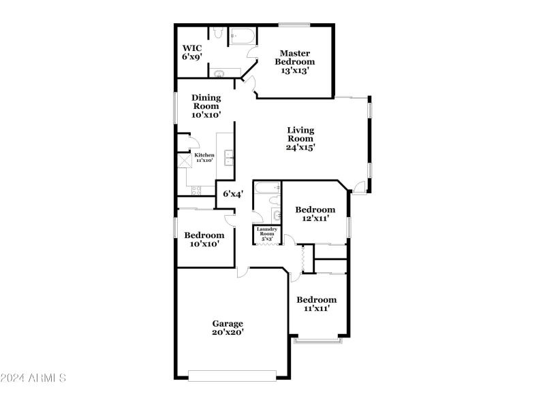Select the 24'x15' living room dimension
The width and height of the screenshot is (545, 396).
(x=300, y=146)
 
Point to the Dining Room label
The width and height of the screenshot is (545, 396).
(x=206, y=106)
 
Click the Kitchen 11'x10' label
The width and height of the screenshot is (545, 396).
(x=204, y=158)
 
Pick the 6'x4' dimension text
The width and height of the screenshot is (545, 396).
(x=234, y=194)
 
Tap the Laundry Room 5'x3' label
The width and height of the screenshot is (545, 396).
(x=266, y=234)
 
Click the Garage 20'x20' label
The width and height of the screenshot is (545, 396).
(x=227, y=328)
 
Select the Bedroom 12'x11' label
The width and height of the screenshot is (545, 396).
(x=314, y=214)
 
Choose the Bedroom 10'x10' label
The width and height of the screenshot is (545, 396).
(x=204, y=239)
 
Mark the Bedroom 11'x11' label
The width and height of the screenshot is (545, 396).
(x=315, y=304)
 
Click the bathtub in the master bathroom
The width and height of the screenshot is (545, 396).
(x=241, y=35)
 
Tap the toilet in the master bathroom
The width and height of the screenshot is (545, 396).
(x=217, y=33)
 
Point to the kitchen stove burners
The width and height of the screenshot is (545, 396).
(x=196, y=190)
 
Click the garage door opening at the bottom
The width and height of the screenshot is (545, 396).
(x=232, y=375)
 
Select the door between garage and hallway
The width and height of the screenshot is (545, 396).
(x=242, y=271)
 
